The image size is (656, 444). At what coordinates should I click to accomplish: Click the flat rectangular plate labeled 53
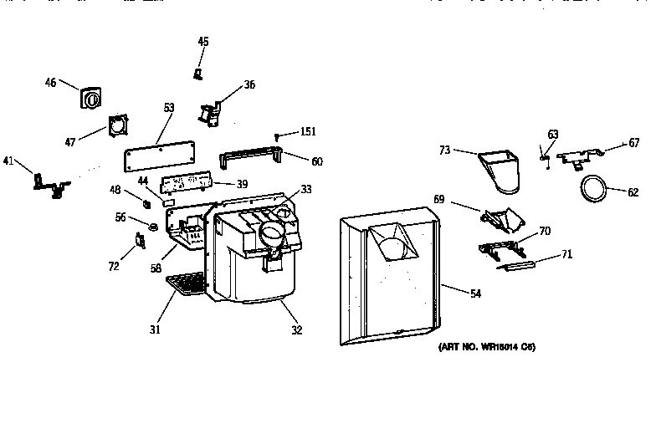tap(161, 157)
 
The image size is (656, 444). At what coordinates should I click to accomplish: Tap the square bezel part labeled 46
tap(90, 98)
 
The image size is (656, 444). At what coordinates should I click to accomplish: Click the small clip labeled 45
tap(198, 74)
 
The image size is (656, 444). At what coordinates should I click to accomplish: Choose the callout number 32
tap(296, 330)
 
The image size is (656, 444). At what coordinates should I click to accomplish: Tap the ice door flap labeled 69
tap(501, 218)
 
